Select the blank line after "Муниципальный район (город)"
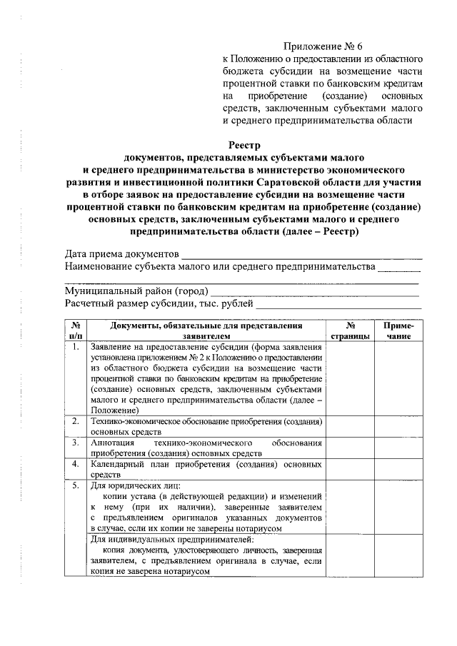pos(314,292)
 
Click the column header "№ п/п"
pos(76,330)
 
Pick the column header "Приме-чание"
pos(398,330)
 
